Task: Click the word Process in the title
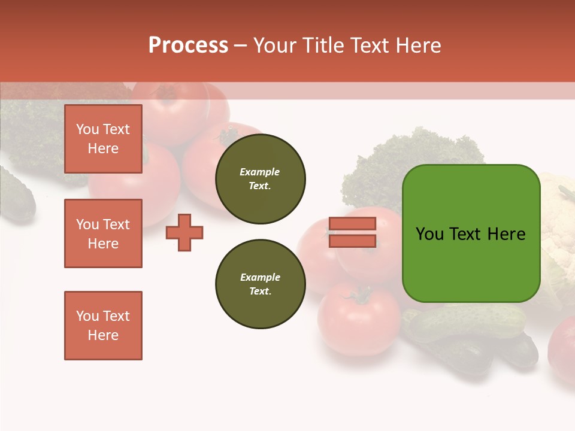click(188, 45)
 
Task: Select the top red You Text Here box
click(103, 139)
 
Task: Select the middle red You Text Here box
click(103, 233)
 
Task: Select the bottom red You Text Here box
click(103, 326)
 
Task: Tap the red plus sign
click(184, 232)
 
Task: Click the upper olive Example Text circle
click(260, 179)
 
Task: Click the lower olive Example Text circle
click(260, 284)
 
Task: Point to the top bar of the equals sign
click(352, 224)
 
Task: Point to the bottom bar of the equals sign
click(352, 241)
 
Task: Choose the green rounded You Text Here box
click(471, 233)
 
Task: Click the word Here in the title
click(417, 45)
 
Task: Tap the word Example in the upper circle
click(259, 172)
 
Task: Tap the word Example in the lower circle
click(260, 277)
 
